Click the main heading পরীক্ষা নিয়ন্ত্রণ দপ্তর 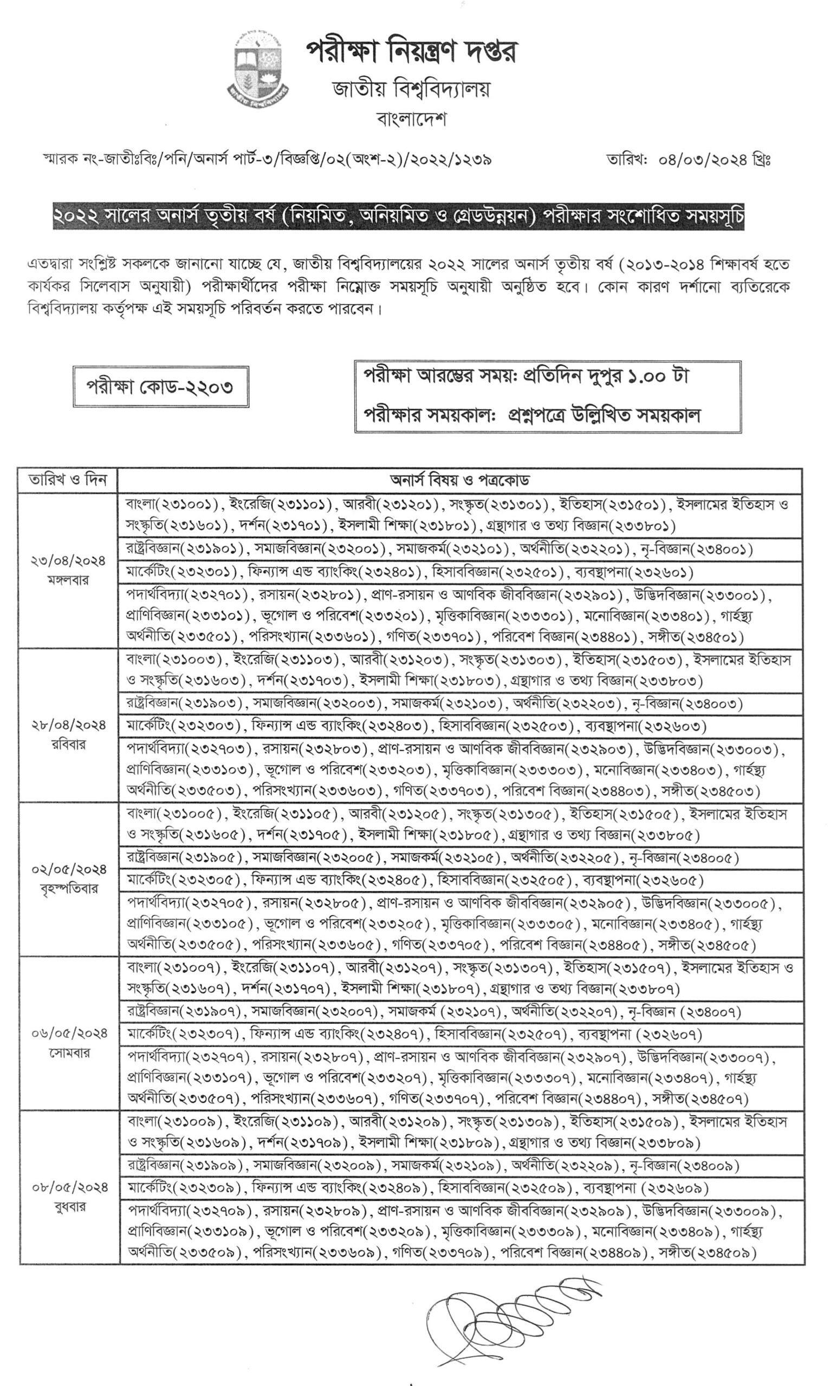pyautogui.click(x=412, y=53)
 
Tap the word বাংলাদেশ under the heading pyautogui.click(x=412, y=119)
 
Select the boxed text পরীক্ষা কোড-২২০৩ pyautogui.click(x=160, y=387)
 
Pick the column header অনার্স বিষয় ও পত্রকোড pyautogui.click(x=459, y=480)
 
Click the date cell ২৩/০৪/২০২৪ pyautogui.click(x=68, y=560)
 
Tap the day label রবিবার pyautogui.click(x=68, y=745)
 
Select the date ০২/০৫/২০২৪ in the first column pyautogui.click(x=68, y=869)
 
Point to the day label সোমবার pyautogui.click(x=68, y=1053)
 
